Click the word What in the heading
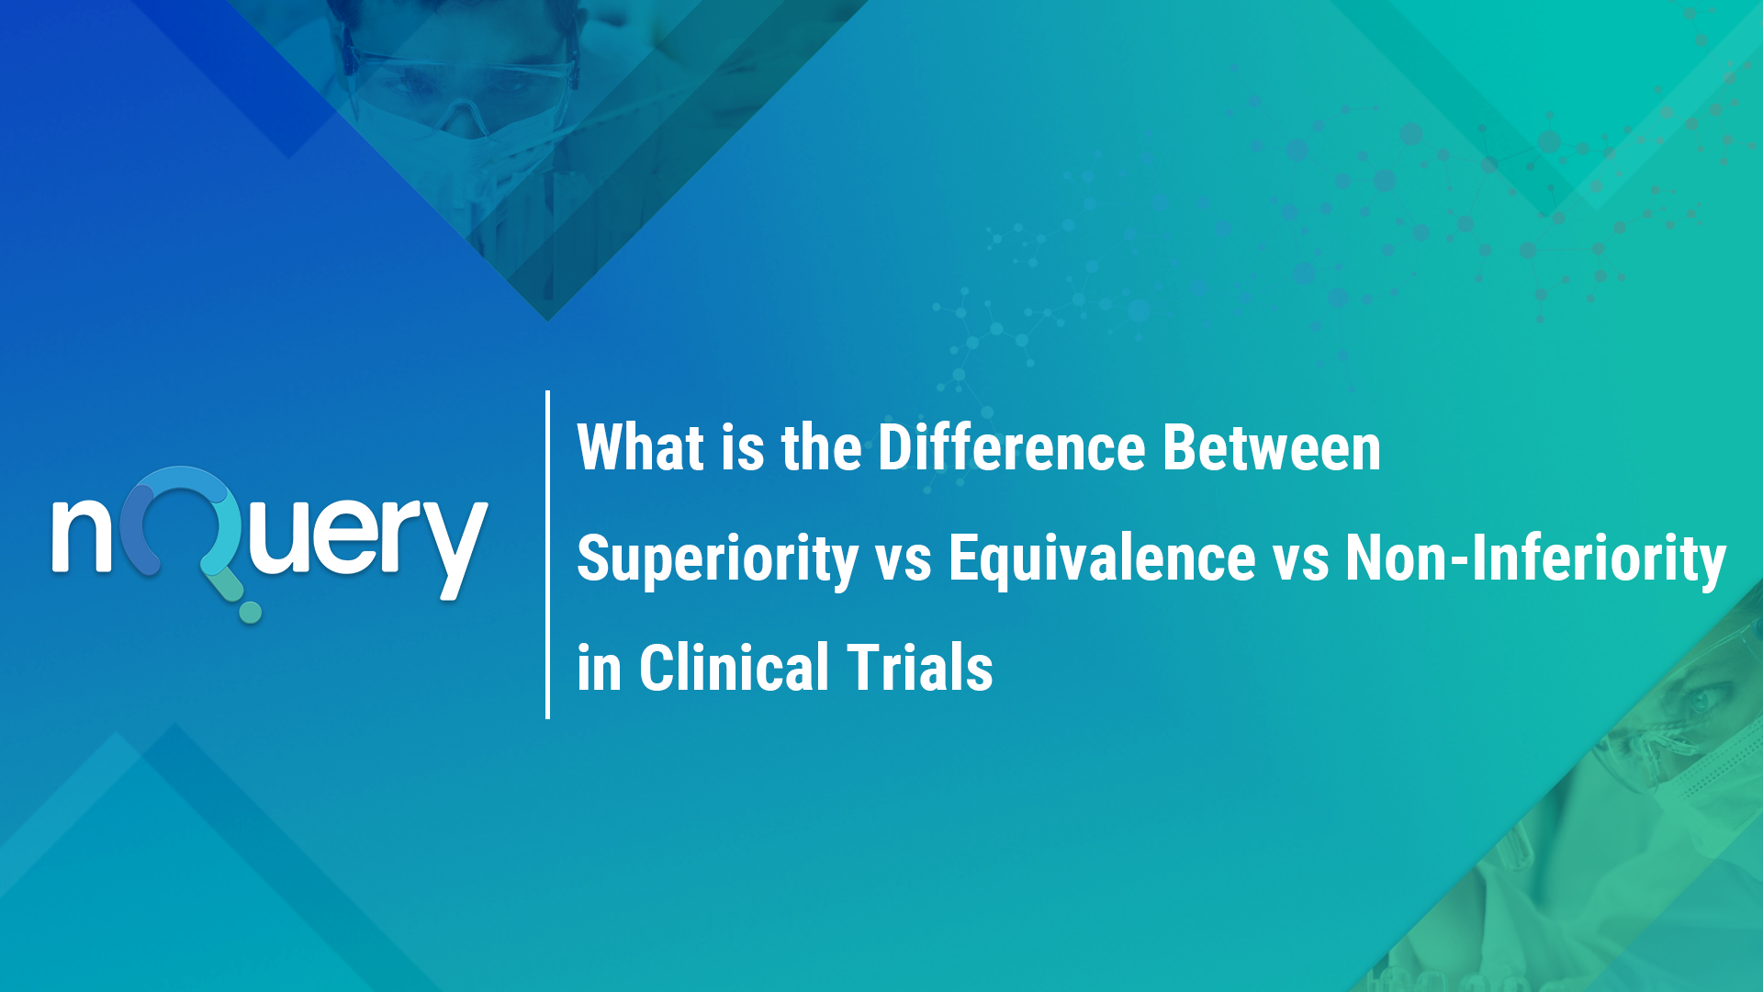pos(640,448)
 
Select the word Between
pos(1272,448)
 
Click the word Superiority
pos(717,558)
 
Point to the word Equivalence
pos(1102,558)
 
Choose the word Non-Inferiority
pos(1535,558)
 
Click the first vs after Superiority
pos(904,560)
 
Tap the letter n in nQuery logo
pos(81,536)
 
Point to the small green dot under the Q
pos(250,612)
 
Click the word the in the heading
pos(821,448)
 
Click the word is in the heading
pos(742,448)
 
